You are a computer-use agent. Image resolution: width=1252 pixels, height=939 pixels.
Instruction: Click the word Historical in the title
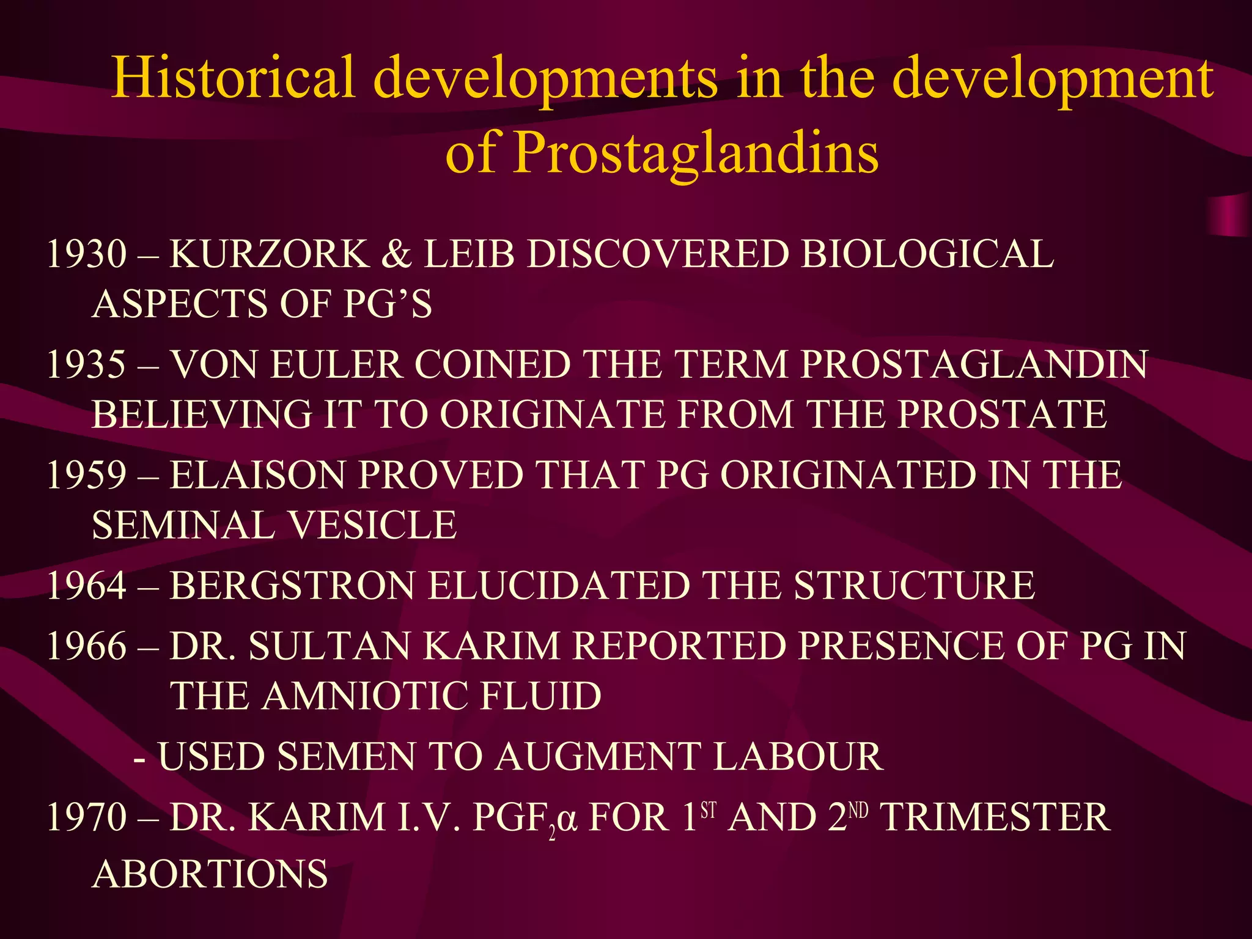233,78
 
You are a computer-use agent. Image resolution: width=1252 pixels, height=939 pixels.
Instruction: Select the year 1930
86,254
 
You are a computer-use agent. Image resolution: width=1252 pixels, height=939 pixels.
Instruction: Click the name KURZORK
269,254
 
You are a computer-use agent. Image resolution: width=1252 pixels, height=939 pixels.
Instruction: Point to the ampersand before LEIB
396,254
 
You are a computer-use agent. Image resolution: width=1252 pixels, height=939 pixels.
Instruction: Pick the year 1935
86,364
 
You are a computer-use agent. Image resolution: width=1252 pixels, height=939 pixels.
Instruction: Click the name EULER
336,364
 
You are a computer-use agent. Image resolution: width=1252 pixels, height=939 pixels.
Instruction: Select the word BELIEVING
202,414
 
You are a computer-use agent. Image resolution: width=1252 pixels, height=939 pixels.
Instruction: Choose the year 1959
86,474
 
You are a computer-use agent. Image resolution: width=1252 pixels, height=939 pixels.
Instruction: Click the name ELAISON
257,474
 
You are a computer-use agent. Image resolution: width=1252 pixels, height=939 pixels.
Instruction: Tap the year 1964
86,585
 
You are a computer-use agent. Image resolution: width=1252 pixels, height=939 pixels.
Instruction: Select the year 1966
86,646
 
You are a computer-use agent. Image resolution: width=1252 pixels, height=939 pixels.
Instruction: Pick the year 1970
86,817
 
